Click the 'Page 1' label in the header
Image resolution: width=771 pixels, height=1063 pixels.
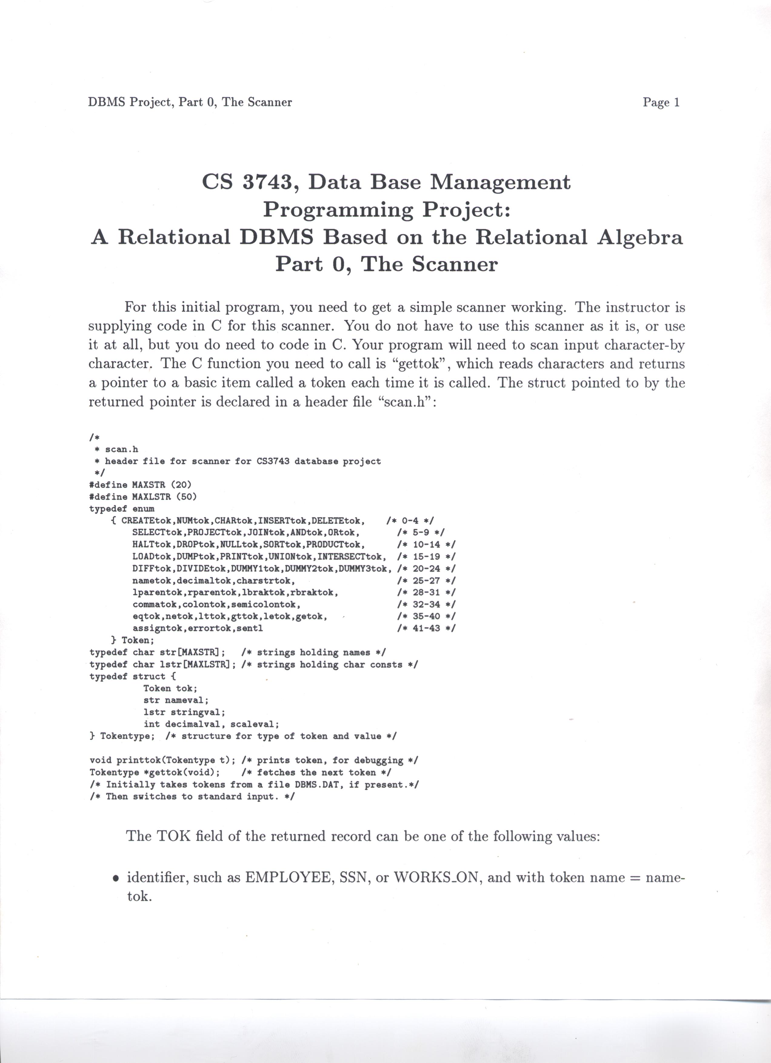(x=661, y=103)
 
